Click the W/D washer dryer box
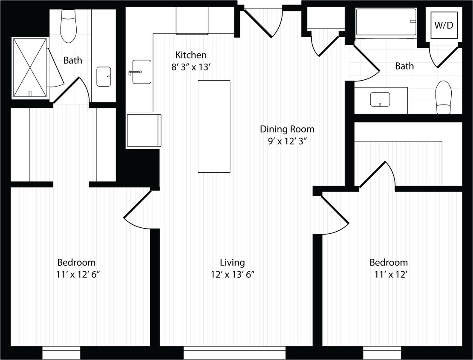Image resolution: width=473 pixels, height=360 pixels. [444, 25]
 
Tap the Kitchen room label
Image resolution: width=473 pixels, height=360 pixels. [191, 55]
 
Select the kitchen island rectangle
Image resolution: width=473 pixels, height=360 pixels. [214, 126]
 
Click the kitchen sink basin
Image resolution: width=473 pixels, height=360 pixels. [141, 72]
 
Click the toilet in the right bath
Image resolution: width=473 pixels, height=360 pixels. [444, 97]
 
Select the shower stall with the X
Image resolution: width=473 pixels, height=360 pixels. [30, 67]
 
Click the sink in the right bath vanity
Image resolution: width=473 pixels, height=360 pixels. [380, 99]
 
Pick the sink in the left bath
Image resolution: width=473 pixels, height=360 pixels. [104, 77]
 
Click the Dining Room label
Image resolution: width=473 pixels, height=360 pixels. [287, 129]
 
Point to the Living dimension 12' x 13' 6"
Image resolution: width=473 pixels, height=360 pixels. [232, 275]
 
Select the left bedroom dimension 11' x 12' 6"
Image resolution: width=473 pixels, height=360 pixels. [78, 275]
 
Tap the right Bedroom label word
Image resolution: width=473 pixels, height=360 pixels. [388, 262]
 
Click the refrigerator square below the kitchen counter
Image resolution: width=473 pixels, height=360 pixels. [144, 131]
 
